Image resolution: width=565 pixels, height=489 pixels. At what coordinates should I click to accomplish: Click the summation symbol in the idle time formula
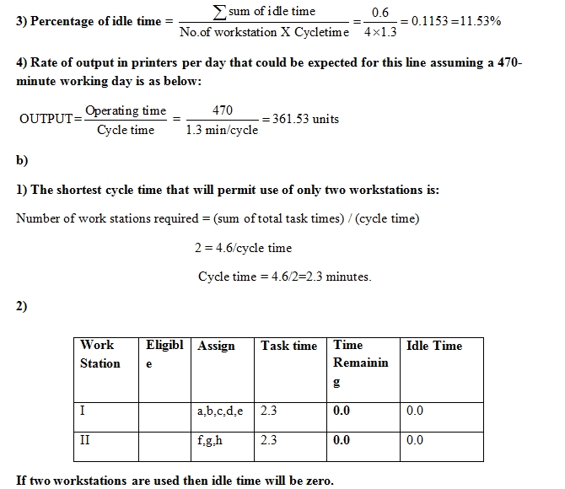(x=220, y=10)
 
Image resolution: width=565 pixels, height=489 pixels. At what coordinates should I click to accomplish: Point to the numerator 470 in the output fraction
(x=223, y=110)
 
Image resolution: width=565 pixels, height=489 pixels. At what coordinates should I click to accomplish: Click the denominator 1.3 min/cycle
(x=222, y=130)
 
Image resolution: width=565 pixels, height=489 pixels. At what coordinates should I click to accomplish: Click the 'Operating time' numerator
(x=126, y=110)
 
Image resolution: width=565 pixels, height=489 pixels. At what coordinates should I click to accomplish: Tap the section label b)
(x=22, y=160)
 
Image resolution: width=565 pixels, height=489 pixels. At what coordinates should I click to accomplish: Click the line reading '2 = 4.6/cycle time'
(x=243, y=248)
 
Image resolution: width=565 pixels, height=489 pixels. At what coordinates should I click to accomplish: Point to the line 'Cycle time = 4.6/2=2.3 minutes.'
(x=284, y=276)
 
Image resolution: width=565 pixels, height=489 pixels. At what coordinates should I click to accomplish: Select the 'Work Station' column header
(x=100, y=354)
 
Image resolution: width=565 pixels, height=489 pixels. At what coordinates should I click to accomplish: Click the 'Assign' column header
(x=216, y=346)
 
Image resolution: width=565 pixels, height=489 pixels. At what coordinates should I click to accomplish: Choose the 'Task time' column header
(x=288, y=346)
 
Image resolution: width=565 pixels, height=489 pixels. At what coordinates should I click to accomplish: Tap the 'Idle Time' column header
(x=434, y=346)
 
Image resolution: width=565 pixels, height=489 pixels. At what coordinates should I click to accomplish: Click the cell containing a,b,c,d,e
(x=219, y=411)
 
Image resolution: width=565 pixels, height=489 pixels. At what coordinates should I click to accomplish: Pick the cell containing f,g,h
(x=210, y=440)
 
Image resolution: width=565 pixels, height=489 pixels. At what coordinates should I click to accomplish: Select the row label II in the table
(x=85, y=440)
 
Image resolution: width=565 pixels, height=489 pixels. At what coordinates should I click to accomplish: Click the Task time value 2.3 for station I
(x=270, y=411)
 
